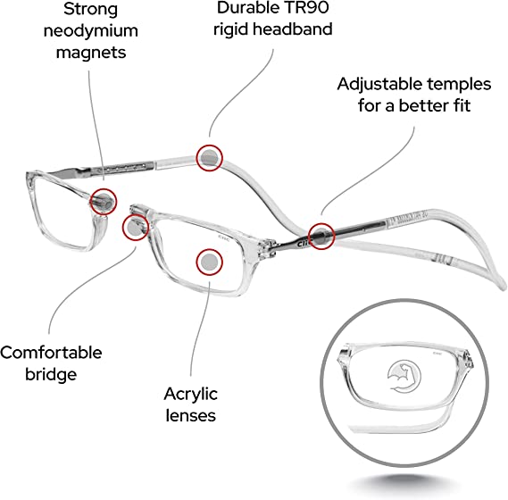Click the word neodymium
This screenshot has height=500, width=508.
pyautogui.click(x=91, y=31)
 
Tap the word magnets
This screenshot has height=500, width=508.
pyautogui.click(x=91, y=53)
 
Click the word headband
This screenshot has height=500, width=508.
pyautogui.click(x=293, y=29)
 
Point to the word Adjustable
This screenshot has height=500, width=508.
pyautogui.click(x=379, y=85)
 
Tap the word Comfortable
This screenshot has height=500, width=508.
pyautogui.click(x=51, y=353)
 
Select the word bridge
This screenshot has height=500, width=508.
pyautogui.click(x=51, y=375)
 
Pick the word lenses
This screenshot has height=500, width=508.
pyautogui.click(x=190, y=416)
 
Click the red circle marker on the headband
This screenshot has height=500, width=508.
pyautogui.click(x=210, y=158)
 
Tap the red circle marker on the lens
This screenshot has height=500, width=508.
pyautogui.click(x=209, y=262)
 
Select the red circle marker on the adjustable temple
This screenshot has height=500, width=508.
pyautogui.click(x=321, y=237)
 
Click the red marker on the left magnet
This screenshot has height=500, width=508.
pyautogui.click(x=103, y=202)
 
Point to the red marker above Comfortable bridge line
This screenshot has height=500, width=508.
pyautogui.click(x=136, y=227)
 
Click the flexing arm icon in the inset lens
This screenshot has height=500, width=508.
pyautogui.click(x=404, y=377)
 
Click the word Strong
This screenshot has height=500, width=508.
pyautogui.click(x=90, y=9)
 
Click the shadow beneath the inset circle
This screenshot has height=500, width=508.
pyautogui.click(x=406, y=483)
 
